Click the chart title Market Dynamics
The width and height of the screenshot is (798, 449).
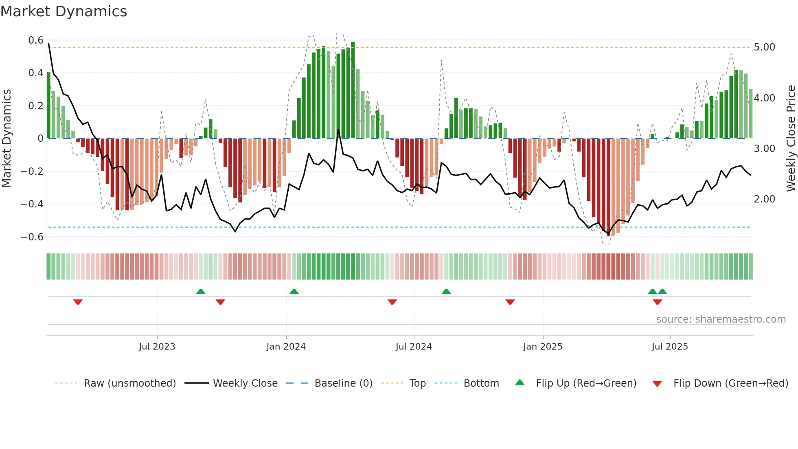64,11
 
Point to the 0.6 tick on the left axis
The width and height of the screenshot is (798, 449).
36,40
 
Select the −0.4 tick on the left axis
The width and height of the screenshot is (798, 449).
32,204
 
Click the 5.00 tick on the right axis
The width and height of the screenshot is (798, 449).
764,47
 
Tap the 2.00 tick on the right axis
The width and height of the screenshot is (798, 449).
764,199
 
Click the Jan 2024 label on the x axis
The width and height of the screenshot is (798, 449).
286,347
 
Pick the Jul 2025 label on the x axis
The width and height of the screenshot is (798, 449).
669,347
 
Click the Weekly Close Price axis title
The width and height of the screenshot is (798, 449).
791,139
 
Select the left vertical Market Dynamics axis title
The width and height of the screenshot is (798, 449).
7,139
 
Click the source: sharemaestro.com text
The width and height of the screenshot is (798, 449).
721,319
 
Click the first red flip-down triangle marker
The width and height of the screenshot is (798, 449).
78,302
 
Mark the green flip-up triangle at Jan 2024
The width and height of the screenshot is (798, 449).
294,291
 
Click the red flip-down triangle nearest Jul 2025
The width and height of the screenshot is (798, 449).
657,302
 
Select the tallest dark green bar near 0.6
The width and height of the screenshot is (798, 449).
353,90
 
